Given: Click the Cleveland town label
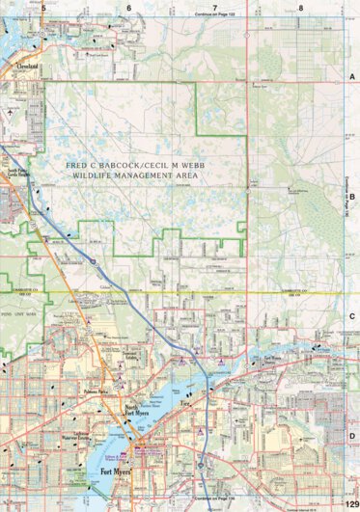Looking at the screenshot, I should pos(26,67).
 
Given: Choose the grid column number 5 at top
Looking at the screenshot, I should pos(44,7).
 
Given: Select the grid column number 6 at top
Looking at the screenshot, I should pos(129,7).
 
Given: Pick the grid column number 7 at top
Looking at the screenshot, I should pos(215,7).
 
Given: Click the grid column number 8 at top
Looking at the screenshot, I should pos(301,7).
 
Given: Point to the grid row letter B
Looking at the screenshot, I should pos(352,196).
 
